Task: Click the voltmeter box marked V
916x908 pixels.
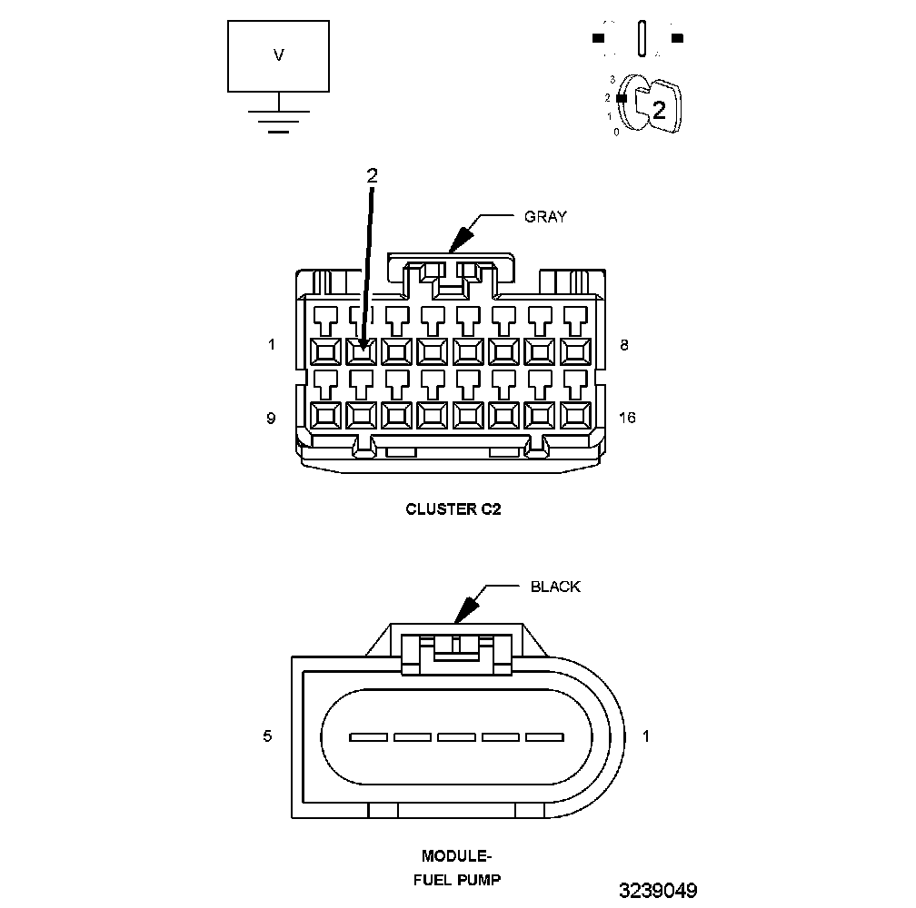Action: [278, 55]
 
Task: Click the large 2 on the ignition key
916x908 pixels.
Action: [659, 110]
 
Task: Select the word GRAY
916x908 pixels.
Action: [545, 217]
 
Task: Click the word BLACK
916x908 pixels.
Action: [555, 587]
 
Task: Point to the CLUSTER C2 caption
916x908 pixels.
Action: [453, 509]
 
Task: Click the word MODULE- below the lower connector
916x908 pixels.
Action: [456, 856]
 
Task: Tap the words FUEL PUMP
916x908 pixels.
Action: [457, 879]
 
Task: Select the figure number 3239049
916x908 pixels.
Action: [658, 890]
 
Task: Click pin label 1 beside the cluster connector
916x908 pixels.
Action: [271, 345]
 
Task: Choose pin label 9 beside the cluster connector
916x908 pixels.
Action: [271, 418]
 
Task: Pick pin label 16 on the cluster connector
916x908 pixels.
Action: [627, 418]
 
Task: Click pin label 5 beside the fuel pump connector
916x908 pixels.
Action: [267, 736]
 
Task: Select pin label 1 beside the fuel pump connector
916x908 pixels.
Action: [645, 736]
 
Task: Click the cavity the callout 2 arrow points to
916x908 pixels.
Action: [361, 350]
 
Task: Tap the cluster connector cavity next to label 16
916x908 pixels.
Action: [575, 415]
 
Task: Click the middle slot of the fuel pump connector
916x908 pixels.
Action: [457, 736]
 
